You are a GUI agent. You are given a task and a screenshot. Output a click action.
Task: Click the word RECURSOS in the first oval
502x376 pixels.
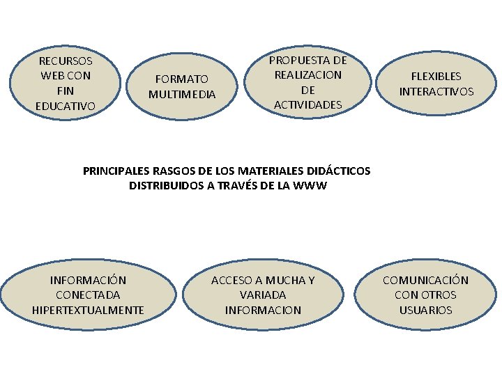click(x=66, y=61)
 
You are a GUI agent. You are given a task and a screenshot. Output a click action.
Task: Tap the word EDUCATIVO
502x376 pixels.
click(x=66, y=106)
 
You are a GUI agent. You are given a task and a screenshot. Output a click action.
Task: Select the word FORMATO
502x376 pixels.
click(x=182, y=79)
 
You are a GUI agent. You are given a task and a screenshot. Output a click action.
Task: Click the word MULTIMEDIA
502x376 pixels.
click(x=182, y=94)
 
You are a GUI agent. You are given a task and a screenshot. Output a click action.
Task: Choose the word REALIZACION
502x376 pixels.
click(x=308, y=75)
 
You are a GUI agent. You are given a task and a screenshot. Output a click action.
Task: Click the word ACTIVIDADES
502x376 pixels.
click(x=308, y=104)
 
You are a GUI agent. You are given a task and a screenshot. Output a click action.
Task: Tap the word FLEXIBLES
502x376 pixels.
click(x=436, y=77)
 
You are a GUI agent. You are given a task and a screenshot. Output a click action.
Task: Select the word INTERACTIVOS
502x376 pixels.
click(x=436, y=91)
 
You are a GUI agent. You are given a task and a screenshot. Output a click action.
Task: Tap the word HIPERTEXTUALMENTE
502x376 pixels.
click(x=89, y=310)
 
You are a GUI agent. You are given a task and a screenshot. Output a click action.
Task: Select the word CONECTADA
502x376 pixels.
click(x=89, y=295)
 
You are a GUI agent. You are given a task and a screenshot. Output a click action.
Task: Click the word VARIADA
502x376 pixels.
click(x=263, y=295)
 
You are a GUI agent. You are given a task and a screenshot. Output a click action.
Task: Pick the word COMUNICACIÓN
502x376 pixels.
click(x=425, y=280)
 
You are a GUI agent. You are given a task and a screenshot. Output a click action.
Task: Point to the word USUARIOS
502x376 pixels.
click(x=425, y=310)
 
